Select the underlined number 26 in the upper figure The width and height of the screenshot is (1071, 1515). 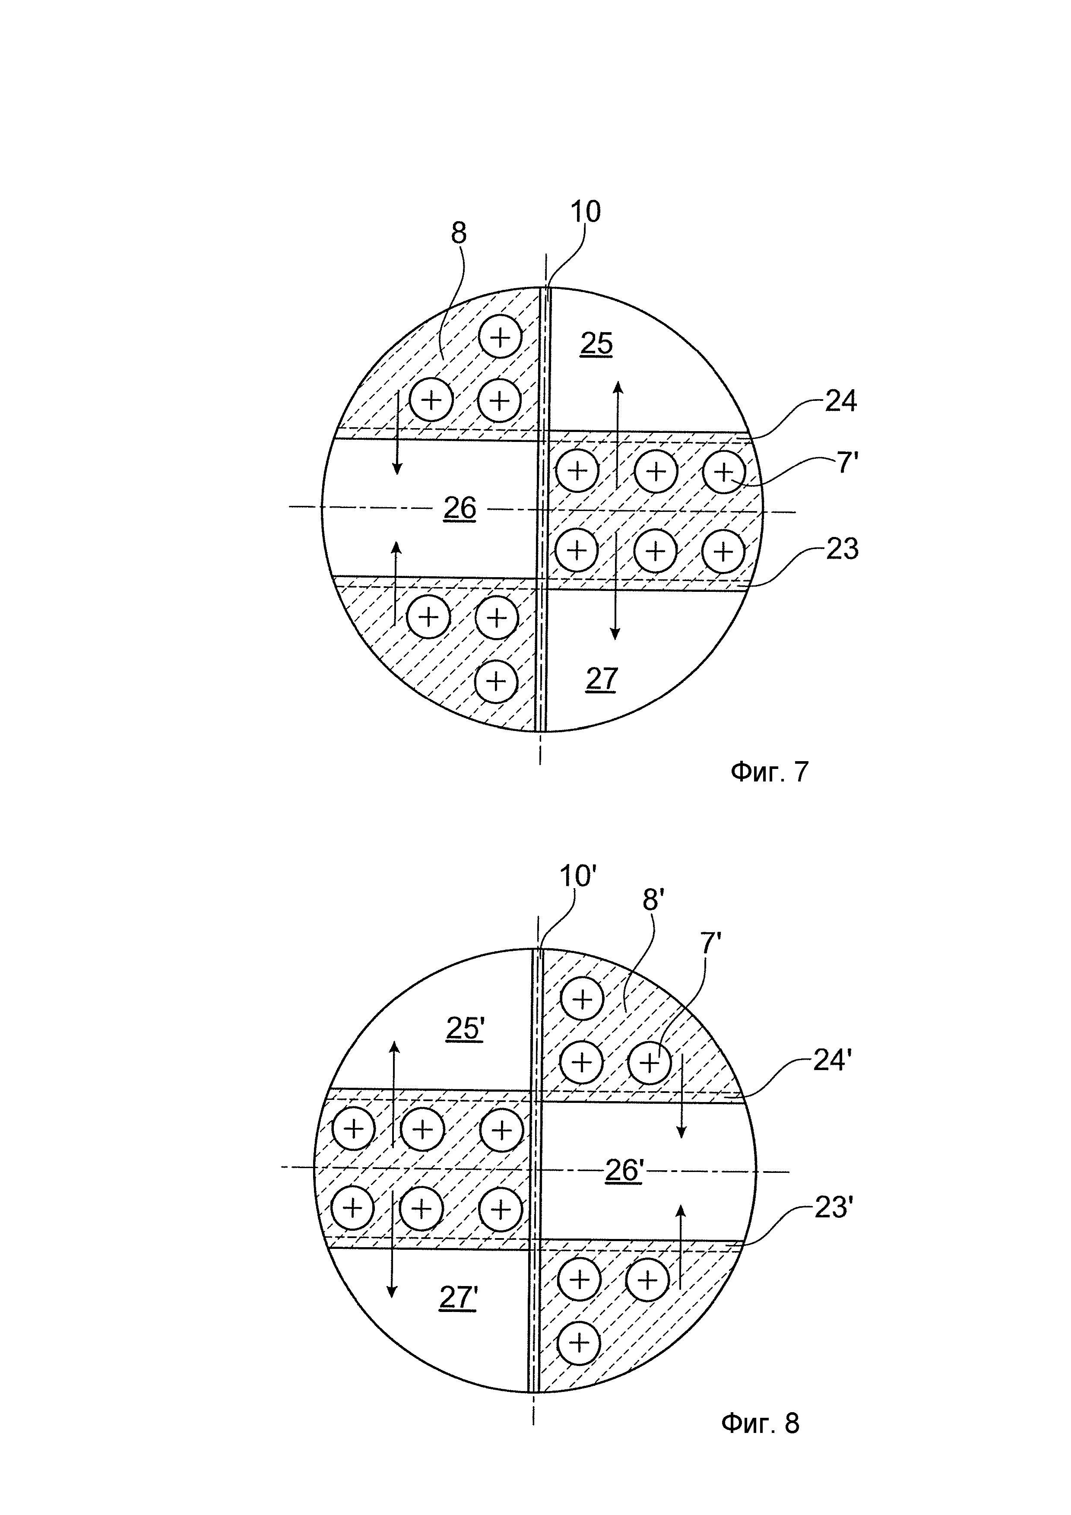click(x=459, y=508)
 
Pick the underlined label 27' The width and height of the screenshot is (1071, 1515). click(x=458, y=1297)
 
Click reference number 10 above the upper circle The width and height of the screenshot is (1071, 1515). click(x=585, y=212)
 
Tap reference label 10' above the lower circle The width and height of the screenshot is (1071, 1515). click(x=578, y=877)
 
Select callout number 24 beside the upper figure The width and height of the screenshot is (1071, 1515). click(x=841, y=401)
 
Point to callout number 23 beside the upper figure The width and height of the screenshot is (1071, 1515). click(x=842, y=549)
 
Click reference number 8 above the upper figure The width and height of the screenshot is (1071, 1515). click(x=458, y=233)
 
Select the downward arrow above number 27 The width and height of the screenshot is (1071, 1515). click(x=615, y=587)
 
